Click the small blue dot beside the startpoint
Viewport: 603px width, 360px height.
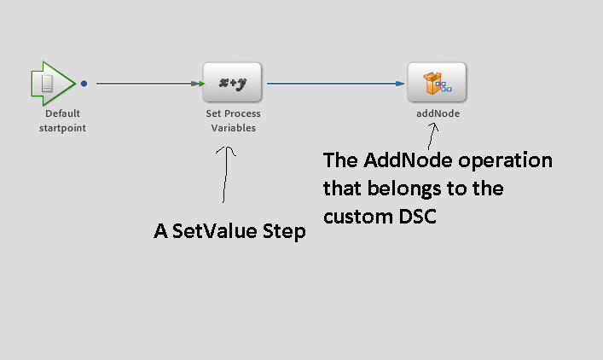pyautogui.click(x=84, y=84)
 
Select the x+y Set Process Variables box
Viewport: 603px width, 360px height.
pyautogui.click(x=232, y=83)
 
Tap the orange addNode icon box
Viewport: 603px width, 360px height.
pyautogui.click(x=437, y=83)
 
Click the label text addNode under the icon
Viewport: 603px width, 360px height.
pyautogui.click(x=438, y=113)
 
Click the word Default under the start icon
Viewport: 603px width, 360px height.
pyautogui.click(x=62, y=113)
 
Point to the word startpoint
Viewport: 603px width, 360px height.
pyautogui.click(x=62, y=128)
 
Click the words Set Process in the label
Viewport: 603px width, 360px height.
pyautogui.click(x=233, y=113)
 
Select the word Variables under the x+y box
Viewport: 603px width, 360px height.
pyautogui.click(x=233, y=128)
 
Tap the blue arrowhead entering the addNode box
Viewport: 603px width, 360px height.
pyautogui.click(x=400, y=84)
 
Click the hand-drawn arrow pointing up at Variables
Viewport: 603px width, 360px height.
pyautogui.click(x=226, y=175)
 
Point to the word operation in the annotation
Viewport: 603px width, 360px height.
pyautogui.click(x=502, y=160)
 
